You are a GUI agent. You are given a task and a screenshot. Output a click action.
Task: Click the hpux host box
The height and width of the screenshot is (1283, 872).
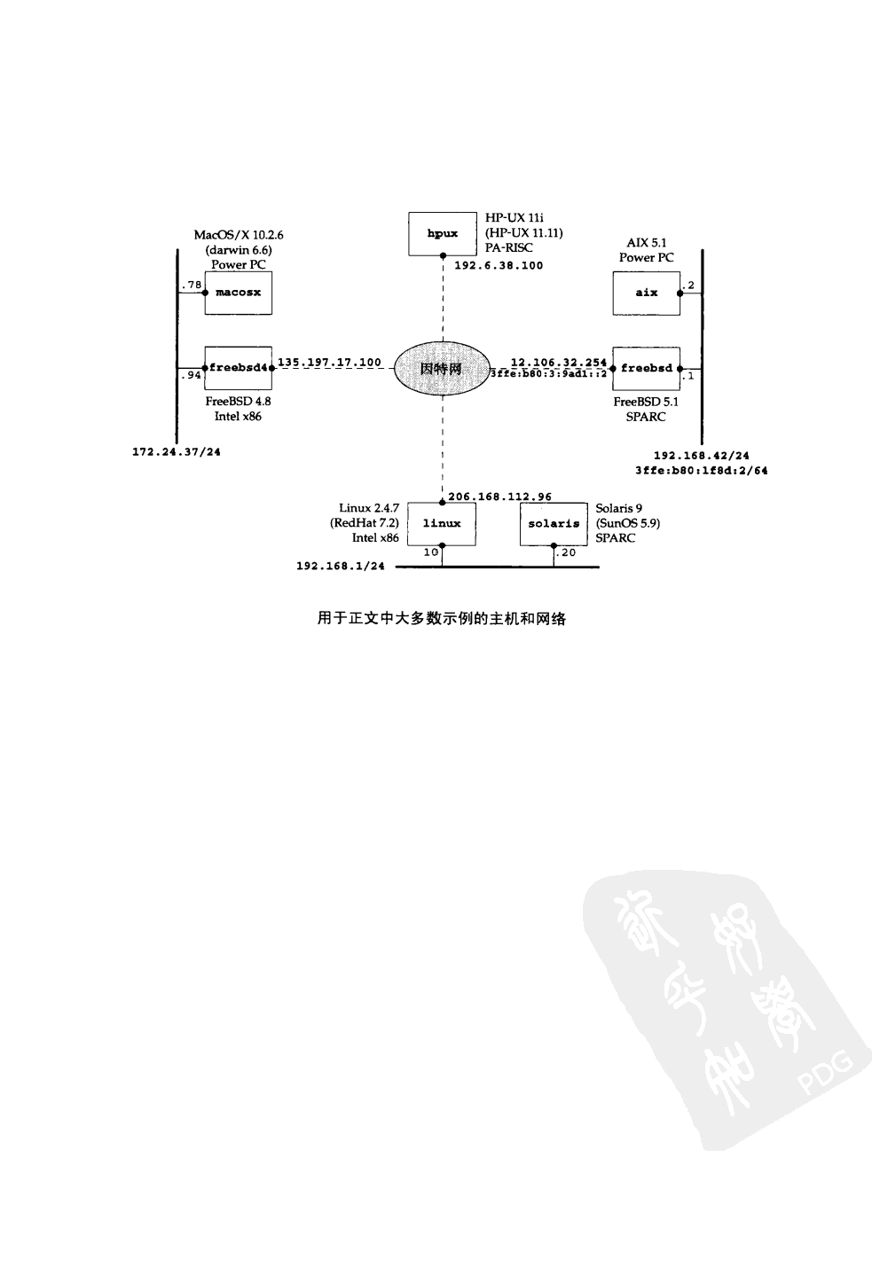(x=442, y=233)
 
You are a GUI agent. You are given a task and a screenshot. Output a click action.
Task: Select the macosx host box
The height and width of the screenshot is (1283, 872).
(x=238, y=293)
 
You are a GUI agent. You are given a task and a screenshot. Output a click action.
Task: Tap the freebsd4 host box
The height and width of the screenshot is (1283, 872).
(x=238, y=368)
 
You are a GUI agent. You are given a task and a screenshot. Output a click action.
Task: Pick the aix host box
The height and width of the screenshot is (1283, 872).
(x=646, y=293)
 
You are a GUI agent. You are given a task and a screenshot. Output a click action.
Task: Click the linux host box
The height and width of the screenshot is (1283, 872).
(x=442, y=523)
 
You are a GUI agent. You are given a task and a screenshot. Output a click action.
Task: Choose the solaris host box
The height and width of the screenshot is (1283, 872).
(x=554, y=523)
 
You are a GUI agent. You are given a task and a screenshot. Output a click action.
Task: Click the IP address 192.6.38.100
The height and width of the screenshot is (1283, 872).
(x=499, y=265)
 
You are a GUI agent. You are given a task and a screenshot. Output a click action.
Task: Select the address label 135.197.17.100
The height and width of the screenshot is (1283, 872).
(x=330, y=362)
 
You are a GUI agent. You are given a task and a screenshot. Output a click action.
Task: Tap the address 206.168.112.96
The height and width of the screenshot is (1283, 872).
(x=499, y=497)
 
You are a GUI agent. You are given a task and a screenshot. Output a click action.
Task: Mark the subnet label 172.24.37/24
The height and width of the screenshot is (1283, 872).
(x=177, y=452)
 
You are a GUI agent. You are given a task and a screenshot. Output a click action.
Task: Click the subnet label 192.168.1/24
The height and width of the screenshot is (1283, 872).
(x=341, y=567)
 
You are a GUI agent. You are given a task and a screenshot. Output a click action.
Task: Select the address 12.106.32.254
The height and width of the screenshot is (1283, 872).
(x=559, y=362)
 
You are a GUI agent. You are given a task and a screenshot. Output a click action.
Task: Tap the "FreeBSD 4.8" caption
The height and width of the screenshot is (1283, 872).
(x=238, y=402)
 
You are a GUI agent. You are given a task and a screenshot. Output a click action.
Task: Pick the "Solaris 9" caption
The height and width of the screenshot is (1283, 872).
(x=619, y=509)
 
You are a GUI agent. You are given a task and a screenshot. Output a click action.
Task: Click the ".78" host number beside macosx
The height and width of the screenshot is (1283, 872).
(x=191, y=285)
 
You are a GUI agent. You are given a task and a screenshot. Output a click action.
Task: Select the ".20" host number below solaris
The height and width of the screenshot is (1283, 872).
(x=566, y=552)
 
